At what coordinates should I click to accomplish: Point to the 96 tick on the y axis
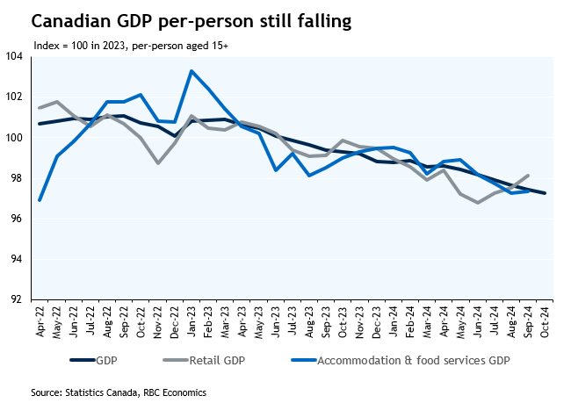(15, 219)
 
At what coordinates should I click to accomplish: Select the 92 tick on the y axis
(15, 300)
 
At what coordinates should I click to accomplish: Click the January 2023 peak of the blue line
(192, 71)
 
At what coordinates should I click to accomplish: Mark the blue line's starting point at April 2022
(40, 200)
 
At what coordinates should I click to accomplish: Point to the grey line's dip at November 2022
(158, 163)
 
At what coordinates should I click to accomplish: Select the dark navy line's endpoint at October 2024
(545, 193)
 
